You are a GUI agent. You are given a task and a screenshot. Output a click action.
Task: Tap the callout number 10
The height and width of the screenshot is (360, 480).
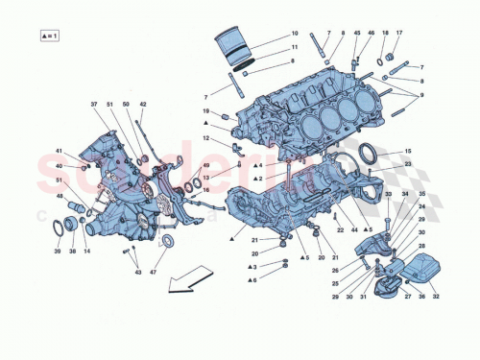coord(295,34)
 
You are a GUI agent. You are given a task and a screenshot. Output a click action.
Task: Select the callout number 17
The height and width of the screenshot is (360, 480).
coord(400,34)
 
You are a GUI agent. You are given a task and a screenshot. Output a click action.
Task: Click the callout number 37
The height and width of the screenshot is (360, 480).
coord(95,104)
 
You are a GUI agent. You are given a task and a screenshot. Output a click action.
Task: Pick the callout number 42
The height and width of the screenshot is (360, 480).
coord(142,104)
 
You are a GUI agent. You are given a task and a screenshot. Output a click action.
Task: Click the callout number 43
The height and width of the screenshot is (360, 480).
coord(137,274)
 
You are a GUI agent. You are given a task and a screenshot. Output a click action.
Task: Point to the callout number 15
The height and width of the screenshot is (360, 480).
coord(407,152)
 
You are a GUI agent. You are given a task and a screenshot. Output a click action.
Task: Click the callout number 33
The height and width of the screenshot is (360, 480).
coord(389,196)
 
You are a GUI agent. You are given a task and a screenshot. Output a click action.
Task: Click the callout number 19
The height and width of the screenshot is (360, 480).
coord(205,112)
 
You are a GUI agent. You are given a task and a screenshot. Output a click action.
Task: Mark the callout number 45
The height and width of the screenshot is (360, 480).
coord(357,34)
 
